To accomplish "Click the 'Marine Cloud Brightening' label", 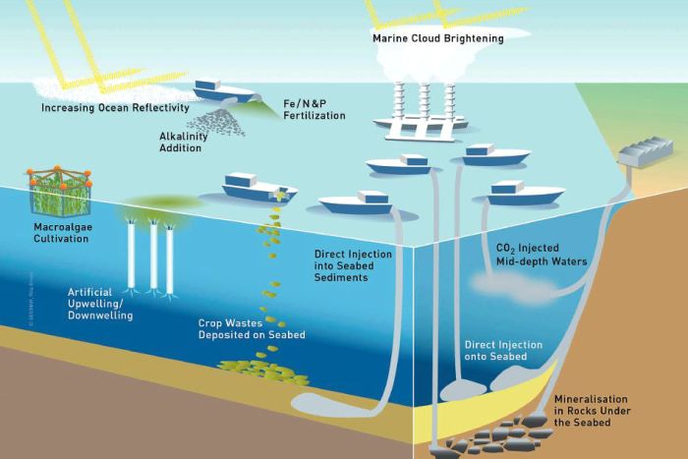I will [x=437, y=38].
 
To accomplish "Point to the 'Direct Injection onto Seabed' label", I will [x=509, y=351].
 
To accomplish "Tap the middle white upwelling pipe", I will [x=153, y=254].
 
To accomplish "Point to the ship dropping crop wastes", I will [x=259, y=186].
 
